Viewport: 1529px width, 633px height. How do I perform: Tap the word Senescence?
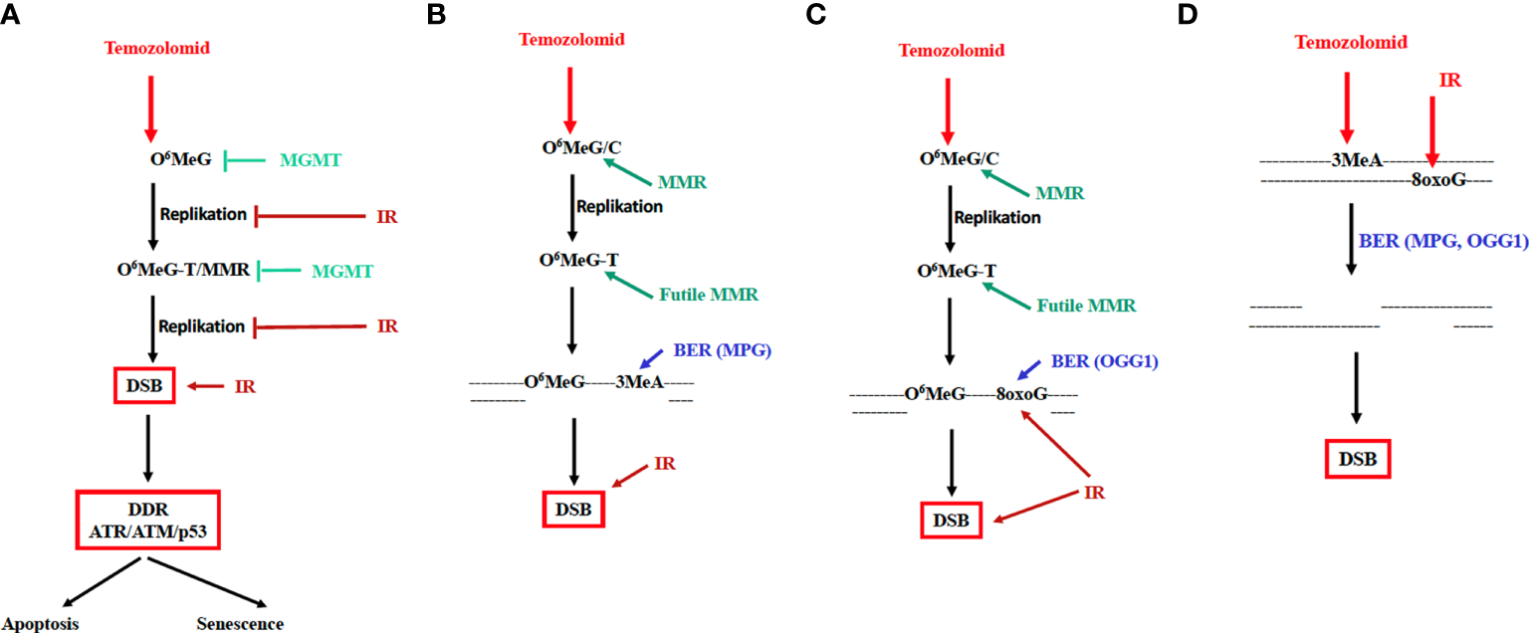240,624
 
